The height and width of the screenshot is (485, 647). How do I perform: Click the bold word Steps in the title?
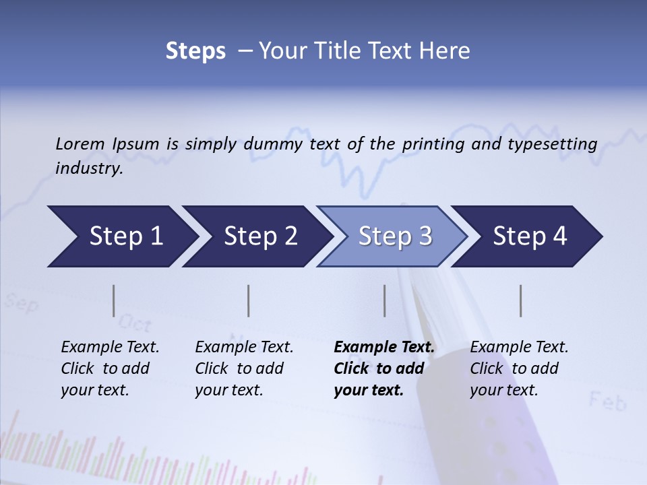coord(195,51)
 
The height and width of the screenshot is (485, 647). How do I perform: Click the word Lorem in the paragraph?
coord(80,143)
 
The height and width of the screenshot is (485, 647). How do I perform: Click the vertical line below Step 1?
coord(113,300)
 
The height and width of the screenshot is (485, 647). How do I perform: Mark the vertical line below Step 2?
coord(249,300)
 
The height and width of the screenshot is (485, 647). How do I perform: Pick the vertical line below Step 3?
coord(384,300)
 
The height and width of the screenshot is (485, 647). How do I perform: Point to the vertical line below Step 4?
coord(520,300)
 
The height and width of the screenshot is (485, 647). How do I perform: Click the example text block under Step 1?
coord(110,368)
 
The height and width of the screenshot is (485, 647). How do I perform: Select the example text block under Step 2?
coord(244,368)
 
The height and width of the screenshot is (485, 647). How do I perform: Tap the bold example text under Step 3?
coord(384,368)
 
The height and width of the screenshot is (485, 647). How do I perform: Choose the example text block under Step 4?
coord(519,368)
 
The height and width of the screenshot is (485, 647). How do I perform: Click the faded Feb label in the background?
coord(607,402)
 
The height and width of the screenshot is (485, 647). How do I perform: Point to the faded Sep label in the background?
coord(22,304)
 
